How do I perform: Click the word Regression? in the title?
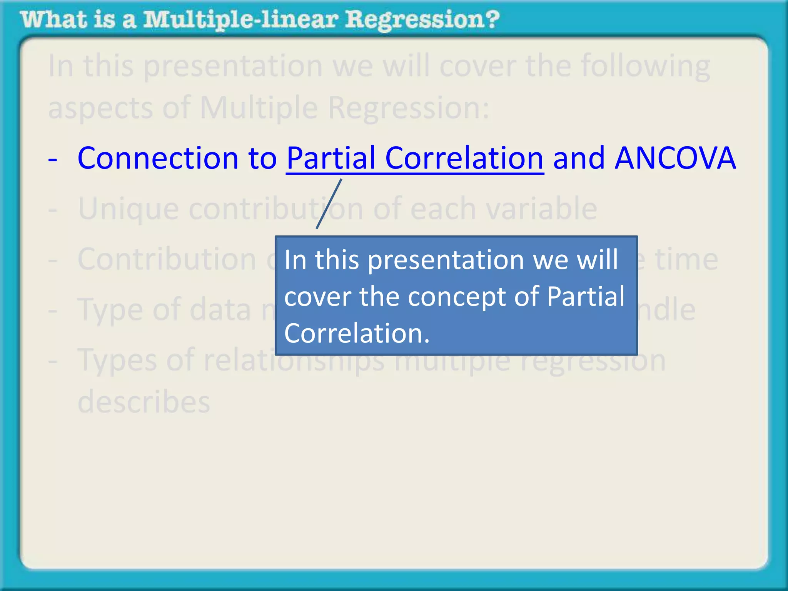tap(422, 20)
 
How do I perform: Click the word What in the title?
tap(53, 20)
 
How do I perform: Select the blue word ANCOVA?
tap(675, 158)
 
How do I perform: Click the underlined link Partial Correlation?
tap(415, 158)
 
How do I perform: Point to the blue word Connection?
tap(158, 158)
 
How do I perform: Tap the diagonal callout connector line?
tap(329, 204)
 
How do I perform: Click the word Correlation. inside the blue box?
tap(356, 333)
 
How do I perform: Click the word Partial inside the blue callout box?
tap(585, 297)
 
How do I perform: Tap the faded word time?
tap(686, 259)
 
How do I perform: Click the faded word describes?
tap(144, 402)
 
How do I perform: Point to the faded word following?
tap(645, 66)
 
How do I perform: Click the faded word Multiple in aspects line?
tap(259, 108)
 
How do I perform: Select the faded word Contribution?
tap(167, 259)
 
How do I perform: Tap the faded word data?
tap(220, 310)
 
